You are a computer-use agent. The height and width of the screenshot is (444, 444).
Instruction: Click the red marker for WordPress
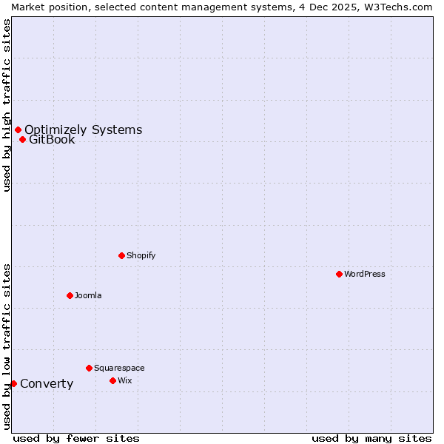(x=339, y=274)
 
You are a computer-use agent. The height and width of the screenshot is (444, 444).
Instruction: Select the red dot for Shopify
(x=121, y=255)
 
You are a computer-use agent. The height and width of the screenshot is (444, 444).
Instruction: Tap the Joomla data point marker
(x=70, y=295)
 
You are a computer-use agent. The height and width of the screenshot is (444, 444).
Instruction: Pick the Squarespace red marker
(x=89, y=368)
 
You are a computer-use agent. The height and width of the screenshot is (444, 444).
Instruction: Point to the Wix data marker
(x=112, y=380)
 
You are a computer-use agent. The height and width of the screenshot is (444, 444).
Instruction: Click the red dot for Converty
(x=13, y=383)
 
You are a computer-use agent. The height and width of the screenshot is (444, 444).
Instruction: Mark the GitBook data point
(x=22, y=139)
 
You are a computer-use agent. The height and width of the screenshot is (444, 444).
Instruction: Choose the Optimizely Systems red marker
(x=18, y=130)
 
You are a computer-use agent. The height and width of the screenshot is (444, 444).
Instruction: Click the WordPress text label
(x=365, y=274)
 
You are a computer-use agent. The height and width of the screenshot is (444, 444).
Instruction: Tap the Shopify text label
(x=141, y=255)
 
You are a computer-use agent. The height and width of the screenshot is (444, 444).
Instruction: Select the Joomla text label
(x=88, y=295)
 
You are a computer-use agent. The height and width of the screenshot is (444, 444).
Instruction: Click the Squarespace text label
(x=119, y=368)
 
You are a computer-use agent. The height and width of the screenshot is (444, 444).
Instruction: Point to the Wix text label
(x=124, y=380)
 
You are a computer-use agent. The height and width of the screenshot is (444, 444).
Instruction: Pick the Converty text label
(x=47, y=383)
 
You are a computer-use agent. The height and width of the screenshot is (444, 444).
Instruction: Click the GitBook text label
(x=52, y=139)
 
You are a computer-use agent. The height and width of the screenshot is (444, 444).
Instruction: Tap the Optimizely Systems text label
(x=83, y=130)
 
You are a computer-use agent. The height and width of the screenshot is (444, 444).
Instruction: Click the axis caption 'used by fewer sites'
(x=76, y=438)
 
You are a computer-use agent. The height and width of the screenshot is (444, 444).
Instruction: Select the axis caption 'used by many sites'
(x=371, y=438)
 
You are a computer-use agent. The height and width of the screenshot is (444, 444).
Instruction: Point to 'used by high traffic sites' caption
(x=7, y=105)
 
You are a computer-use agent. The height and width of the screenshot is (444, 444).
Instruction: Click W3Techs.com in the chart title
(x=399, y=7)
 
